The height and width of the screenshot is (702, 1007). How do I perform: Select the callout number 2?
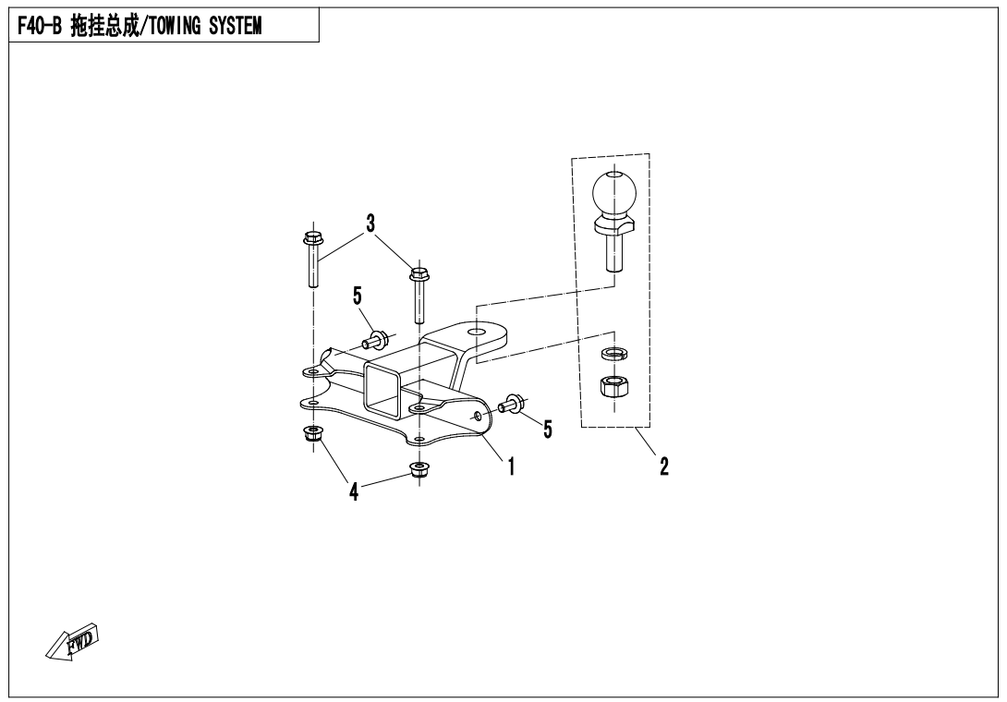point(663,466)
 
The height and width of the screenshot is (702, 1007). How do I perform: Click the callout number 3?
point(370,224)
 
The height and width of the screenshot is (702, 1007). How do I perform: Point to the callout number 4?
point(354,490)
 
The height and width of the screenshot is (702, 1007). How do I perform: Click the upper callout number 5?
point(357,296)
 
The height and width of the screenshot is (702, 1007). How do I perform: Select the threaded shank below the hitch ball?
point(613,251)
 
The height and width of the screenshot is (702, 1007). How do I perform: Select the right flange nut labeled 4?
point(419,470)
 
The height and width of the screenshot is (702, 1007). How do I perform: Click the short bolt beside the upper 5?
point(374,340)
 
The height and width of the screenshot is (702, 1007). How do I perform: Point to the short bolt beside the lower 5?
point(511,405)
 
